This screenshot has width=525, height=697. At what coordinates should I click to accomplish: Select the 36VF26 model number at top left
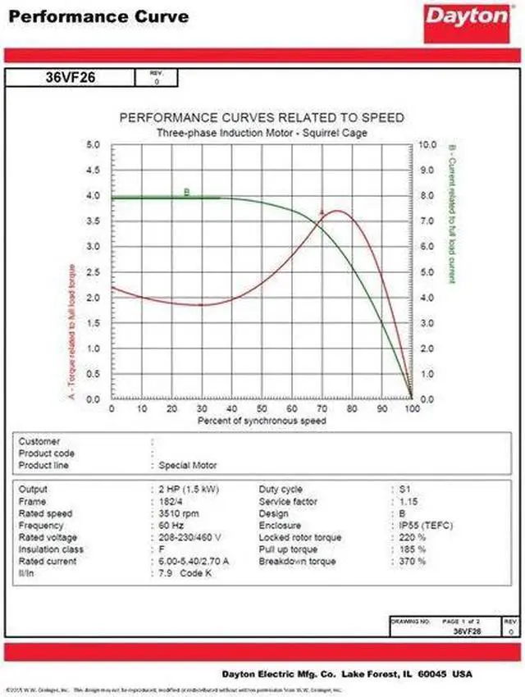point(70,79)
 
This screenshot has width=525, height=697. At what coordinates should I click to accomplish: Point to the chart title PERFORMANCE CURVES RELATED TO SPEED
point(262,118)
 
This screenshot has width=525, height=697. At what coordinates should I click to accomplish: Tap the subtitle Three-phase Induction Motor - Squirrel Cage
point(262,132)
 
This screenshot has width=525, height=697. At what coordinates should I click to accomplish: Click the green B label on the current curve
point(187,193)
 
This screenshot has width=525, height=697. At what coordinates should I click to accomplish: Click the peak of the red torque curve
point(336,212)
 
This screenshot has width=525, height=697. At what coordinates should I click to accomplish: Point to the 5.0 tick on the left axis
point(94,145)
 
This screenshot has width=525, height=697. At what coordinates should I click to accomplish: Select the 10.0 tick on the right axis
point(427,145)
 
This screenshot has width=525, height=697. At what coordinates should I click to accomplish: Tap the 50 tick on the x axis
point(262,408)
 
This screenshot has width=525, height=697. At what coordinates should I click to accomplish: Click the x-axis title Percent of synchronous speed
point(262,421)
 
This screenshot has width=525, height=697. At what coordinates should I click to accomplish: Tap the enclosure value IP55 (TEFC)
point(425,526)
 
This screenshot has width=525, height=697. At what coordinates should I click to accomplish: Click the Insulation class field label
point(51,549)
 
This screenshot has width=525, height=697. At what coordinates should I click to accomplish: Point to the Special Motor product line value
point(188,465)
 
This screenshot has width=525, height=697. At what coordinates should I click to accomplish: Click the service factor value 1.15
point(408,501)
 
